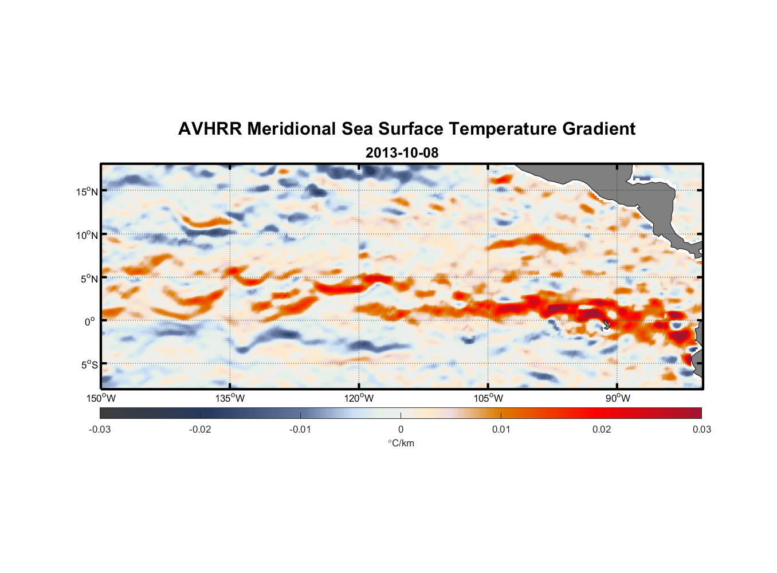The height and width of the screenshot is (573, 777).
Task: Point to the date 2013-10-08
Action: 402,153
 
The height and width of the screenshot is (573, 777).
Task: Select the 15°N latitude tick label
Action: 87,191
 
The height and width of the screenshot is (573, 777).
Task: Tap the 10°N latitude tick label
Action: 87,235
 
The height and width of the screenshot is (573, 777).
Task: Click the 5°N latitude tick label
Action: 89,278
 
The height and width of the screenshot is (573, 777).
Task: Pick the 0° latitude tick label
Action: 90,322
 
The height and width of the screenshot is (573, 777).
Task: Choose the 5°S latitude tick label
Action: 89,365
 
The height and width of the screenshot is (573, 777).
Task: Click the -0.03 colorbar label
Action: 100,430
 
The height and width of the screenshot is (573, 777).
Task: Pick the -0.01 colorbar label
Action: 300,430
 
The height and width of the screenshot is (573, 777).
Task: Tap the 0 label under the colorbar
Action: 401,430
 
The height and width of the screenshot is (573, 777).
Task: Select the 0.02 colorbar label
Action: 602,430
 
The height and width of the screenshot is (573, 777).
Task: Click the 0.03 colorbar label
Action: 701,430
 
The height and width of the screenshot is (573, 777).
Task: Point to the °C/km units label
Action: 401,443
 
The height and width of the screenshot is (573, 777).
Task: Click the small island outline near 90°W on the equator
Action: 606,324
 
